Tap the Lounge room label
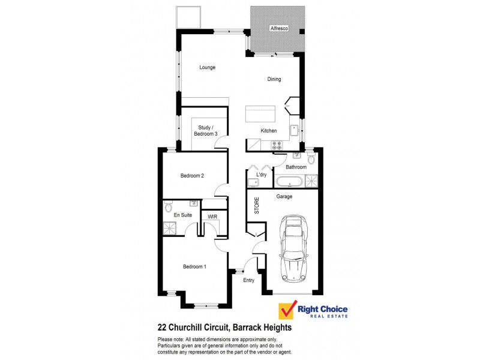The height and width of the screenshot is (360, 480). [x=207, y=67]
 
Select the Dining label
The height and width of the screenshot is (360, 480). [x=274, y=79]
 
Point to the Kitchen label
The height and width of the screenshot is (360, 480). [x=268, y=131]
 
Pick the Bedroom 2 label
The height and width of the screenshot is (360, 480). [x=193, y=176]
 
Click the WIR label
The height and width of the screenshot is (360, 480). [x=212, y=216]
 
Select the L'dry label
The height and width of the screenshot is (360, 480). [x=261, y=175]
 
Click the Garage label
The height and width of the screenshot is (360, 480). [x=284, y=196]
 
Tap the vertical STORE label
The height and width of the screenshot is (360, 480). [x=257, y=206]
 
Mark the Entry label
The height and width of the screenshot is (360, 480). [x=248, y=280]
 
